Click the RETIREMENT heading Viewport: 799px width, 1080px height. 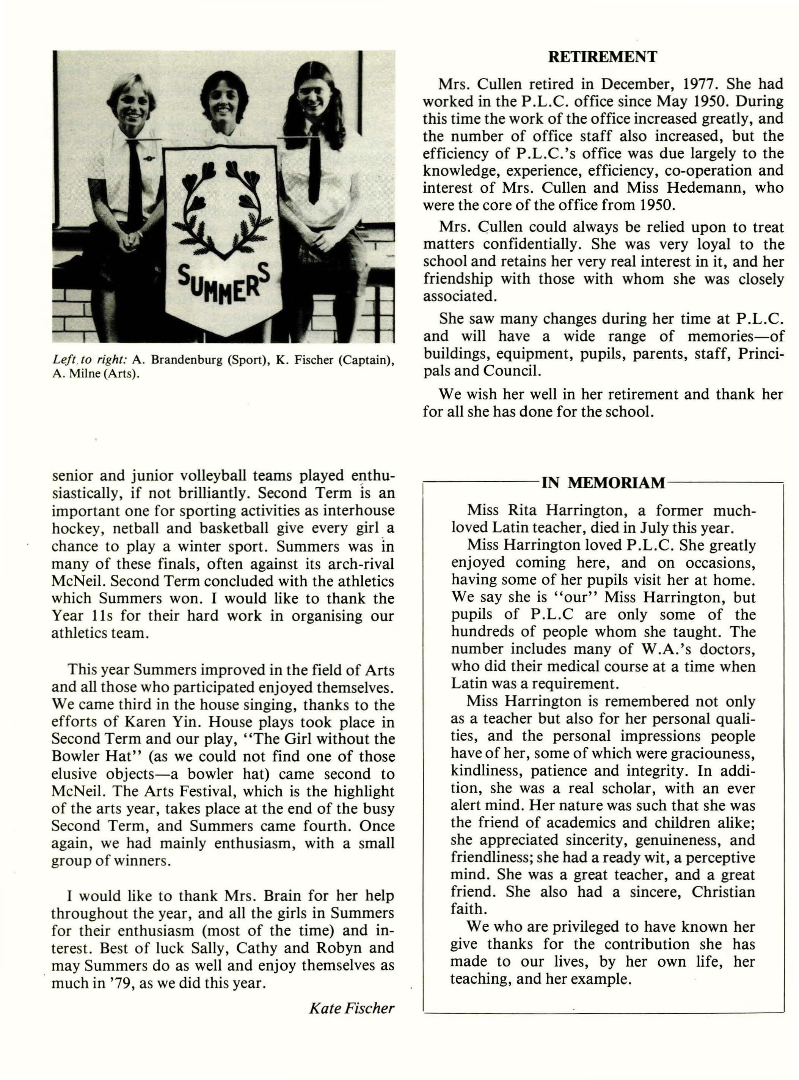[602, 57]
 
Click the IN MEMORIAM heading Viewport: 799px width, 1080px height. [603, 483]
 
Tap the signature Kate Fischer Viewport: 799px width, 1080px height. [352, 1008]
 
